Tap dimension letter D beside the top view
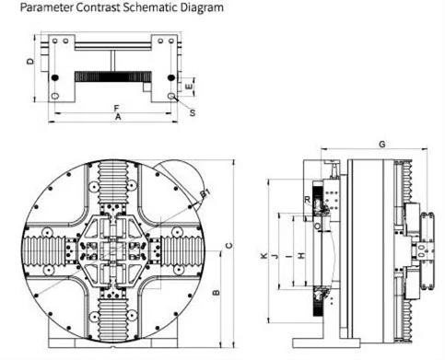[30, 63]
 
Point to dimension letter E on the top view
[190, 86]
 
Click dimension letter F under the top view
[115, 109]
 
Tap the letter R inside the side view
[306, 198]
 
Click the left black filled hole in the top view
[55, 76]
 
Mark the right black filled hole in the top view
[172, 76]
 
